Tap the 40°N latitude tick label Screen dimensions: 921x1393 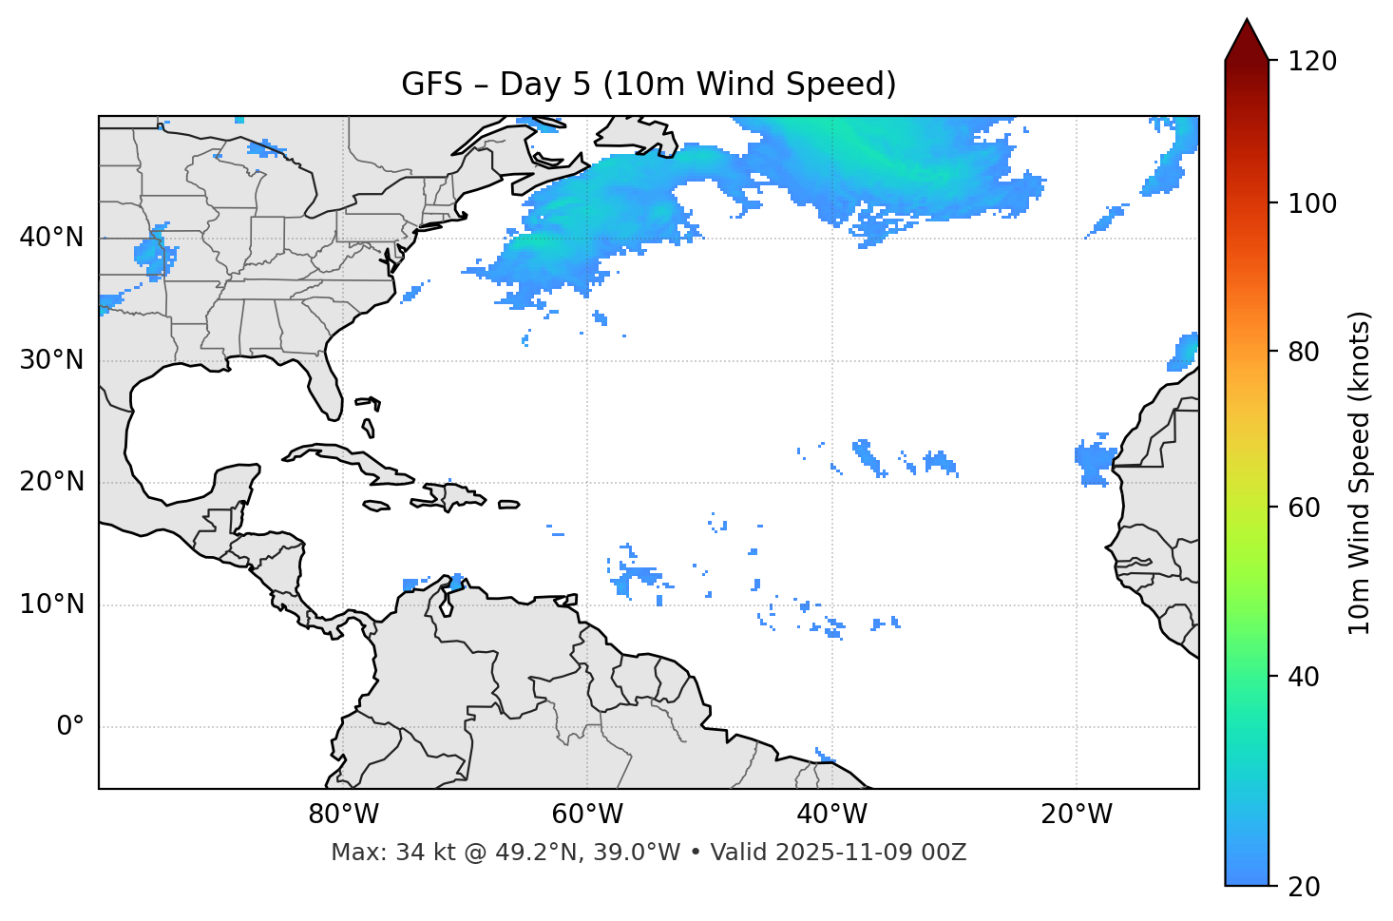point(51,238)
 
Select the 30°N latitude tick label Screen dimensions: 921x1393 point(51,360)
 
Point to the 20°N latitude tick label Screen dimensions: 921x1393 point(51,482)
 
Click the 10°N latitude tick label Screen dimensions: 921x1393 point(51,604)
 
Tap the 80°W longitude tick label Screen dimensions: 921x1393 point(343,815)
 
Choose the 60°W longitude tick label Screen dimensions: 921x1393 point(587,815)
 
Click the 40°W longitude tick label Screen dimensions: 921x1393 point(831,815)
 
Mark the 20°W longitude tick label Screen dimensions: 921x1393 point(1076,815)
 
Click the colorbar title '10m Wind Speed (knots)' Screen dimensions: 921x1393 point(1360,472)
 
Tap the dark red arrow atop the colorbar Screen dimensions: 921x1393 point(1247,41)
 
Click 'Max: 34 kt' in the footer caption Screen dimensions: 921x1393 point(374,853)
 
